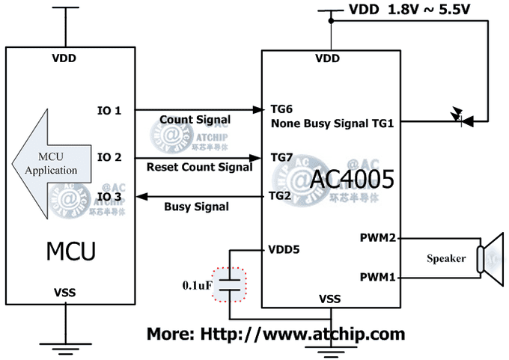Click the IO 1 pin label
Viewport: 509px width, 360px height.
109,111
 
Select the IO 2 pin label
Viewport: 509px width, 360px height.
109,157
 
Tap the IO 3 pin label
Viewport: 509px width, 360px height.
109,197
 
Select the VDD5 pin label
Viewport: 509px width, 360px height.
284,249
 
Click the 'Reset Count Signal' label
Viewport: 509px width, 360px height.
200,168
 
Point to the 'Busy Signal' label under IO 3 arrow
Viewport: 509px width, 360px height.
197,207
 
